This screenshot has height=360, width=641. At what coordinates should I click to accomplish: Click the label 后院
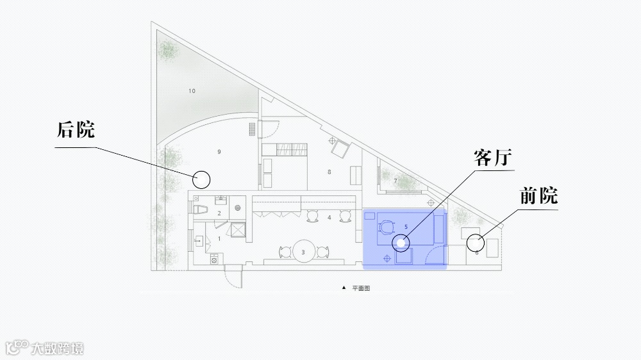point(76,131)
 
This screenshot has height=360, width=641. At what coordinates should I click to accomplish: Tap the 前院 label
point(538,196)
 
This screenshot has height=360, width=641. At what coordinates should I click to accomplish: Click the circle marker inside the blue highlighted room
point(401,242)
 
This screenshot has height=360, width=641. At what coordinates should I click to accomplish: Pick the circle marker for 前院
point(475,243)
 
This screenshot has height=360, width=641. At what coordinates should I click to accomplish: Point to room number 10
point(192,91)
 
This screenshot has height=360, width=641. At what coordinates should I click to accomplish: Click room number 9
point(219,152)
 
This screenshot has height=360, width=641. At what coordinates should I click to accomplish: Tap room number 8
point(329,172)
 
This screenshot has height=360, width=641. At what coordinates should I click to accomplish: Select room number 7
point(395,181)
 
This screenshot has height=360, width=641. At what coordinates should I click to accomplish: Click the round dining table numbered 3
point(303,252)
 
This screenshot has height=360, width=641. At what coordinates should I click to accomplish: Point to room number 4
point(329,218)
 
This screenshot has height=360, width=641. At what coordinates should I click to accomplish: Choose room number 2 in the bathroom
point(219,213)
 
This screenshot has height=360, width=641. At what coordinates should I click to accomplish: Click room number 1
point(219,238)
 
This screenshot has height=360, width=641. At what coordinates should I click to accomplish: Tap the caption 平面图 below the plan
point(361,289)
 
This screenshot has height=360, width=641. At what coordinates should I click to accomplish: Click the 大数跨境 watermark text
point(57,348)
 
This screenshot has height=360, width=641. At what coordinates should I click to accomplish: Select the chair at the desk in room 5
point(387,226)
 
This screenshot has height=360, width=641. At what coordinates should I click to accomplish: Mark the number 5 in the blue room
point(406,227)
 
